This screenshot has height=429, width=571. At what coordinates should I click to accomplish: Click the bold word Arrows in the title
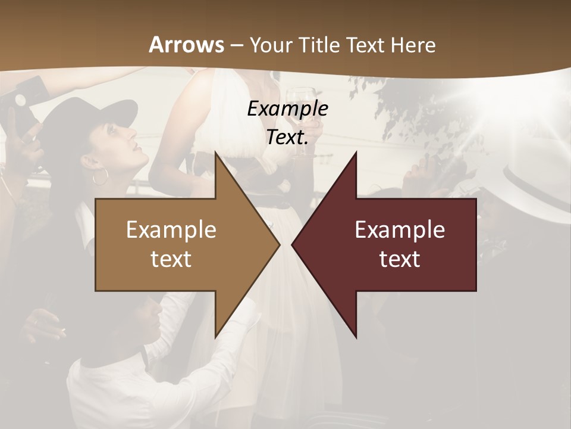click(x=187, y=45)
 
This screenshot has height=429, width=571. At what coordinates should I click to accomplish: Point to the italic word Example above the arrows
click(x=287, y=108)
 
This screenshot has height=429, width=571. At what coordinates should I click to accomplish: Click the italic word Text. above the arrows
click(x=287, y=137)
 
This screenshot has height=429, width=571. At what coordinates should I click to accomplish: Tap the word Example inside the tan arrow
click(x=171, y=229)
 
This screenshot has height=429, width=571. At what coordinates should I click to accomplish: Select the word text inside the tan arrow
click(x=171, y=259)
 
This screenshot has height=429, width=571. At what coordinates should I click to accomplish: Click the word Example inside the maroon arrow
click(x=400, y=229)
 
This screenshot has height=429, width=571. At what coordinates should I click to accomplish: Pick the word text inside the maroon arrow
click(x=400, y=259)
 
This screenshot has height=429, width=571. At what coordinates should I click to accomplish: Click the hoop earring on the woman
click(x=101, y=176)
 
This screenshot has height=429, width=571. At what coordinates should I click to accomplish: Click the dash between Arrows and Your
click(x=236, y=45)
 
